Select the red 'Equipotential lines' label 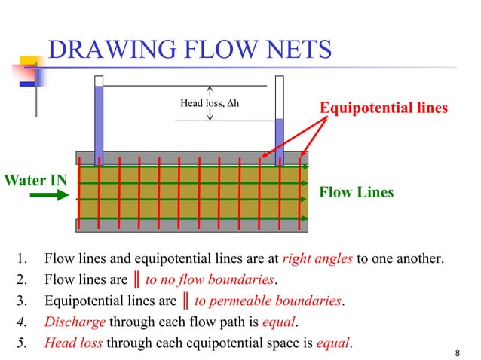point(384,108)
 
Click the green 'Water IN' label point(35,180)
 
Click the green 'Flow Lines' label point(357,192)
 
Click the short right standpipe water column point(279,139)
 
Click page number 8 point(458,352)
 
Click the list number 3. point(22,301)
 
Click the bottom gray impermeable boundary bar point(192,225)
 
